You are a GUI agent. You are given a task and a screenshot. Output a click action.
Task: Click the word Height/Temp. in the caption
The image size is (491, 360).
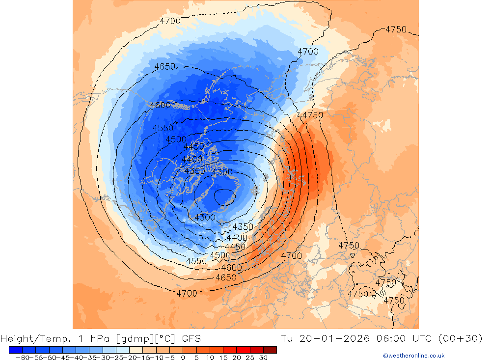coord(31,338)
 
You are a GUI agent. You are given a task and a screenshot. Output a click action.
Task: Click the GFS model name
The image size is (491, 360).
coord(191,338)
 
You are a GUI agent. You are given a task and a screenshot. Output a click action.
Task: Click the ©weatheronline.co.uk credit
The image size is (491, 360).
coord(413,356)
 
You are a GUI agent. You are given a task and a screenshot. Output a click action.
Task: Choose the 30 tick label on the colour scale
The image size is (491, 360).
coord(263,358)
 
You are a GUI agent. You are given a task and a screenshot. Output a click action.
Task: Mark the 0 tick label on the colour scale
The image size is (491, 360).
coord(183,358)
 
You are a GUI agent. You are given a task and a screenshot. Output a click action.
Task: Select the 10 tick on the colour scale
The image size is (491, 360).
coord(210,358)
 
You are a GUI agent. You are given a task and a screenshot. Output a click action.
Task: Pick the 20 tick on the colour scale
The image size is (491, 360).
coord(237,358)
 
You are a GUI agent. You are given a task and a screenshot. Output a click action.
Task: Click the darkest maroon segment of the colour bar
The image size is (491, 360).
coord(270,350)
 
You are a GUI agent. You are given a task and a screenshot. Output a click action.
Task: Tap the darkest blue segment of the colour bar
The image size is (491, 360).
coord(15,350)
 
